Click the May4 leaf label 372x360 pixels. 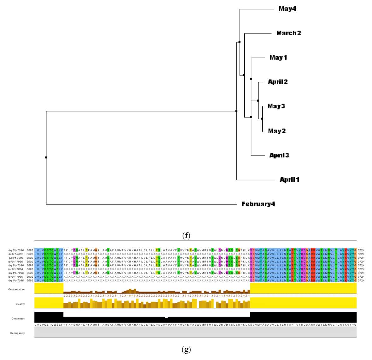pyautogui.click(x=288, y=9)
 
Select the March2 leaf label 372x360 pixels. pyautogui.click(x=288, y=33)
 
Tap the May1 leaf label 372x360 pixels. pyautogui.click(x=278, y=57)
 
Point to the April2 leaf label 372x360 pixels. pyautogui.click(x=277, y=82)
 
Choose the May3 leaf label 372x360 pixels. pyautogui.click(x=276, y=106)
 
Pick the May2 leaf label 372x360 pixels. pyautogui.click(x=276, y=131)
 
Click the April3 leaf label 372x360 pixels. pyautogui.click(x=279, y=155)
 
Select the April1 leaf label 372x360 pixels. pyautogui.click(x=289, y=180)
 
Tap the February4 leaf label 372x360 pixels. pyautogui.click(x=258, y=204)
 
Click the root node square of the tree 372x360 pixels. pyautogui.click(x=46, y=157)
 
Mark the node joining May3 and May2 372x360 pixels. pyautogui.click(x=262, y=119)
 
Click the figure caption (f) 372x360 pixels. pyautogui.click(x=186, y=235)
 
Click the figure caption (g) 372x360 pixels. pyautogui.click(x=186, y=350)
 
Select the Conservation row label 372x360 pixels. pyautogui.click(x=16, y=289)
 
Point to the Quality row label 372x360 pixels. pyautogui.click(x=20, y=304)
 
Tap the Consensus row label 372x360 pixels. pyautogui.click(x=18, y=318)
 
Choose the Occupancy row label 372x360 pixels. pyautogui.click(x=17, y=333)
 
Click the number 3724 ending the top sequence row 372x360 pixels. pyautogui.click(x=361, y=250)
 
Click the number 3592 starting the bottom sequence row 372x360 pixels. pyautogui.click(x=30, y=280)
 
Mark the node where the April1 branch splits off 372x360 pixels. pyautogui.click(x=236, y=111)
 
